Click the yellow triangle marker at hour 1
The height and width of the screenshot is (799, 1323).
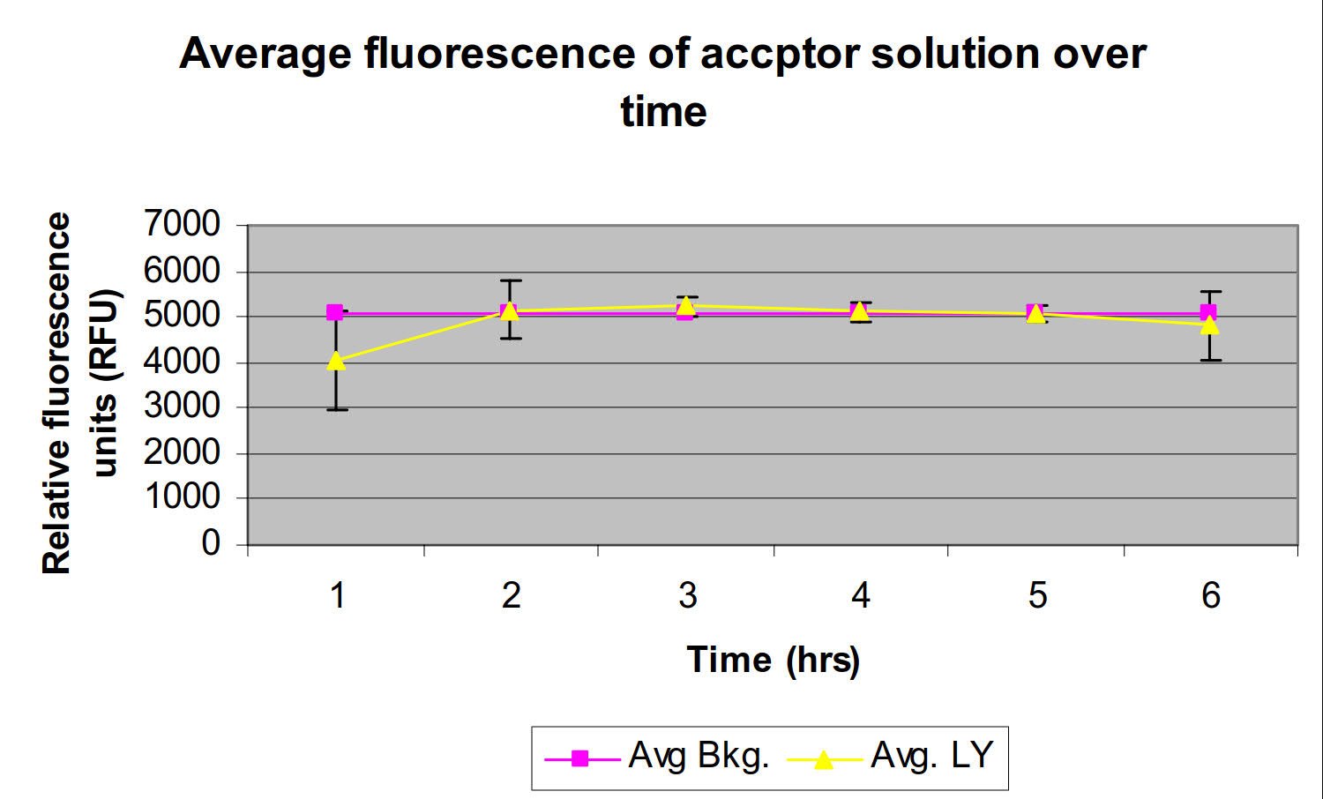336,360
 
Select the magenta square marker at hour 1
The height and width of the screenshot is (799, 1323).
335,312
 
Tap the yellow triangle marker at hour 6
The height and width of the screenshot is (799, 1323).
1210,325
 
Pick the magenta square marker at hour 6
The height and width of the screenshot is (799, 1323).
1208,312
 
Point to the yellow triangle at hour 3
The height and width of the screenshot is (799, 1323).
685,305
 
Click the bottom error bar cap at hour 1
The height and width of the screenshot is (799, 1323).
336,409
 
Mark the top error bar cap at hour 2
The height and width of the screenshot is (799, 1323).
511,280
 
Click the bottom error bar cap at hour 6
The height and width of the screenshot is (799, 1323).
1210,360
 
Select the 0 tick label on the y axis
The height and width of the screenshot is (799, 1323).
211,543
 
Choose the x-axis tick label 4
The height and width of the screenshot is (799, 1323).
861,596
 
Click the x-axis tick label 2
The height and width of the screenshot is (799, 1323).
512,596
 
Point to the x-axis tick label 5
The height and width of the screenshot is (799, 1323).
1037,596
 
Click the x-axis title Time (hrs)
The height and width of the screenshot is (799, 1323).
773,660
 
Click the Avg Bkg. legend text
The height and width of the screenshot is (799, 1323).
699,756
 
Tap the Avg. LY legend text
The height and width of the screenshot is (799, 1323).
931,756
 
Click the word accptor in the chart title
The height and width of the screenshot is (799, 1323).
779,55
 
